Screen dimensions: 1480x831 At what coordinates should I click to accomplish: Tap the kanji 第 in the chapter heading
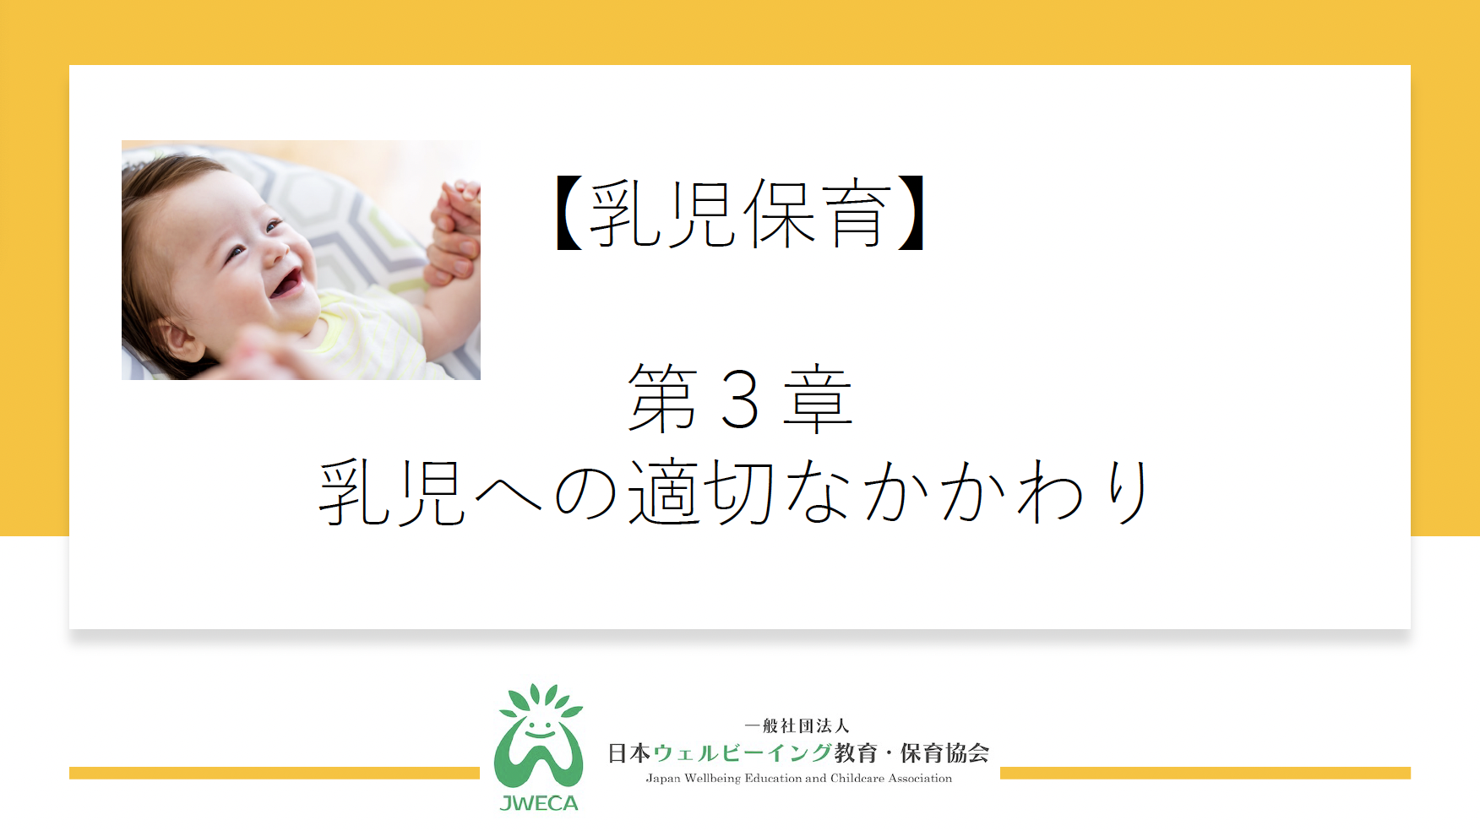[663, 399]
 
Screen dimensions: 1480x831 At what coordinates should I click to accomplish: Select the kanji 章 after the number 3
[818, 399]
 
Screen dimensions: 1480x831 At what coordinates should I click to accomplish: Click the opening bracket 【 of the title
[570, 213]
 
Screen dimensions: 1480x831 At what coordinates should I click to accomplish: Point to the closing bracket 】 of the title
[911, 213]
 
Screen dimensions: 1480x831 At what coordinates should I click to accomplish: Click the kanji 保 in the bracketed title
[780, 214]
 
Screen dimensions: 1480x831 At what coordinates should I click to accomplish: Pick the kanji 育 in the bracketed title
[856, 214]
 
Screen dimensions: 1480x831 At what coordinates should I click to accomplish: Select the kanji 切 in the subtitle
[738, 492]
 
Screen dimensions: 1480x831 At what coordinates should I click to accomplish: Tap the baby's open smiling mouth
[286, 283]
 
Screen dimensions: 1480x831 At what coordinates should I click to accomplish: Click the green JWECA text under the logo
[539, 803]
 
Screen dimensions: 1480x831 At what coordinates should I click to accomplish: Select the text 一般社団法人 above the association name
[797, 725]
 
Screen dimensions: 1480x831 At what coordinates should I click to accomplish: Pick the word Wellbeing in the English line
[713, 779]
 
